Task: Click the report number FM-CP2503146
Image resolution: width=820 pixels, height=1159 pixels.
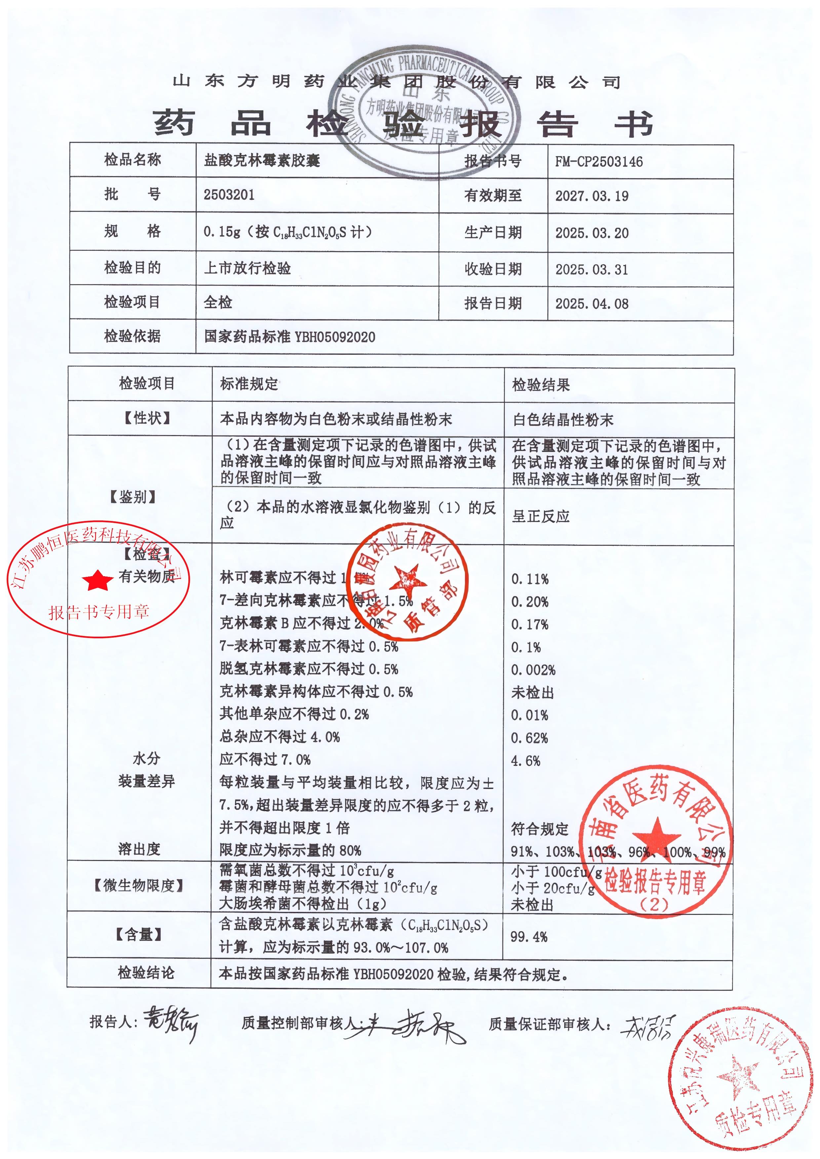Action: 599,162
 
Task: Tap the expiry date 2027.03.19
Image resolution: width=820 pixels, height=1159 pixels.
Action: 592,196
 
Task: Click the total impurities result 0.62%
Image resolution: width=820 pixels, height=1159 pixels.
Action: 529,738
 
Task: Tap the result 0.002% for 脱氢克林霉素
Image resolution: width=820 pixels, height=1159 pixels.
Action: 533,670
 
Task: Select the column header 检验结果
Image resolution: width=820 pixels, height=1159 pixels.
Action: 541,385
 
